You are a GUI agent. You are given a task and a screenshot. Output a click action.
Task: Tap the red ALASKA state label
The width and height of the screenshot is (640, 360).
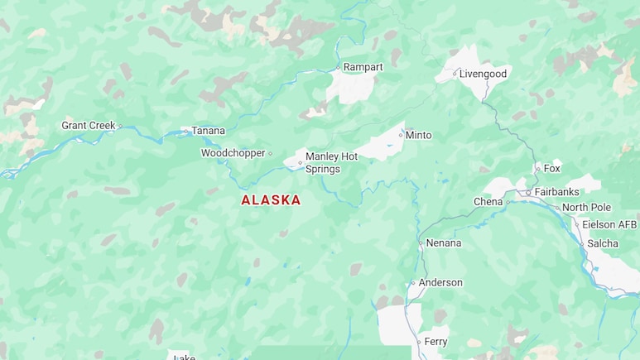point(271,200)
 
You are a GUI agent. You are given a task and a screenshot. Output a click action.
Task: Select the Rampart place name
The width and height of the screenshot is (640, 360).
point(363,67)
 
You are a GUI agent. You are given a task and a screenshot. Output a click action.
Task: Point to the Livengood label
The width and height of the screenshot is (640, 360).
point(483,74)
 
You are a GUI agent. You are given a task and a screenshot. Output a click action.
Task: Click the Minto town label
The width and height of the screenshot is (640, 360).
point(418,135)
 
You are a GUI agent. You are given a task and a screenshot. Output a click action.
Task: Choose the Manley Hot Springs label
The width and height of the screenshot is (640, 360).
point(331,162)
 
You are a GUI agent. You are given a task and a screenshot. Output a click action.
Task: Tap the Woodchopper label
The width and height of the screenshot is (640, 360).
point(233,153)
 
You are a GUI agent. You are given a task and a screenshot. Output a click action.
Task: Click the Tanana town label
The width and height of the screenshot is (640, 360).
point(208,131)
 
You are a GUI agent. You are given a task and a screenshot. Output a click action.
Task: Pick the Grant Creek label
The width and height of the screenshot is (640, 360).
point(89,126)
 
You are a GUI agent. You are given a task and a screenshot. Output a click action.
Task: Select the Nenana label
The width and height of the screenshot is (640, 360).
point(444,243)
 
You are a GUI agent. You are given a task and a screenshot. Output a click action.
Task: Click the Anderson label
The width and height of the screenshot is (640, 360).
point(440,282)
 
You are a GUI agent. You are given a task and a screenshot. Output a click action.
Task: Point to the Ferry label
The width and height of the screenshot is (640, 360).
point(435,341)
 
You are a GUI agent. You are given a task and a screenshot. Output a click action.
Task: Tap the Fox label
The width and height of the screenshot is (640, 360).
point(551,168)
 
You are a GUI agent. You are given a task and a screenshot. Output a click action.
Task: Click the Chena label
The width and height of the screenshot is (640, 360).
point(488,202)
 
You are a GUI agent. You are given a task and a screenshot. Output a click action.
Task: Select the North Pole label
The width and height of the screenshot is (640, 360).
point(586,207)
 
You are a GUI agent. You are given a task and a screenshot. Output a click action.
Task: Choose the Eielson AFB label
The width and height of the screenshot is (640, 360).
point(609,224)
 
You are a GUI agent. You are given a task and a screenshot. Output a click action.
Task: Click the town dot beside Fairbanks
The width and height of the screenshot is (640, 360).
point(528,193)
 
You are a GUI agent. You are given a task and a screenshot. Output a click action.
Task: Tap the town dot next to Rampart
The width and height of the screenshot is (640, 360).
point(338,68)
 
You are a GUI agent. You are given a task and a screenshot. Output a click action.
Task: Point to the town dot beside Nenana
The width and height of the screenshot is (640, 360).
point(421,244)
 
